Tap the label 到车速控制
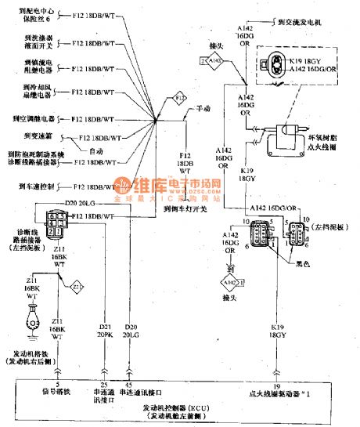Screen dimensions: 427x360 point(34,186)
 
